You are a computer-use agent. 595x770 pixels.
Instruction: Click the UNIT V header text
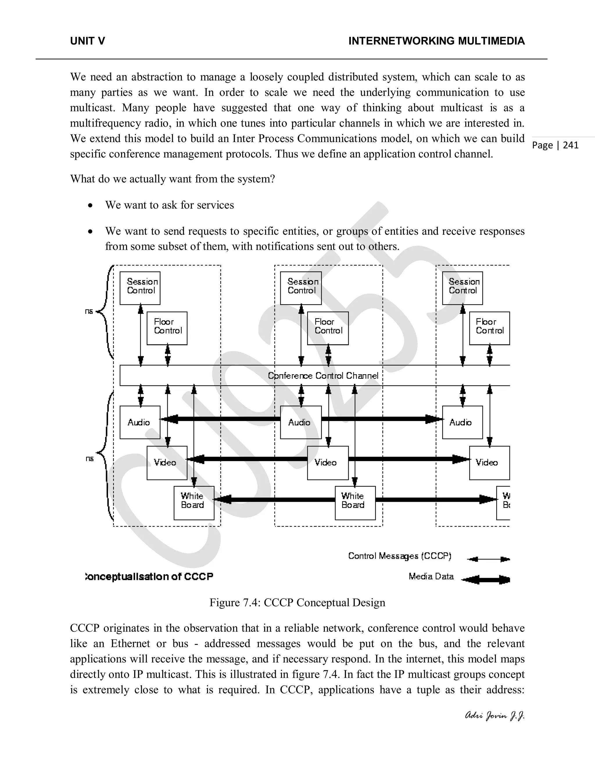tap(87, 41)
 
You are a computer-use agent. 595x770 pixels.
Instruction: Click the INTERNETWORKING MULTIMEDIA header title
tap(436, 41)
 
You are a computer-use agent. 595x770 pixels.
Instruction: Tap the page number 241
tap(571, 145)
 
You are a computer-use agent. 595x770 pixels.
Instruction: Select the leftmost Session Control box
tap(140, 288)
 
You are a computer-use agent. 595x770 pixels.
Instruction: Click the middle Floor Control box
tap(328, 328)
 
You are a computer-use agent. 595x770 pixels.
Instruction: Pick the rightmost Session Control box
tap(463, 288)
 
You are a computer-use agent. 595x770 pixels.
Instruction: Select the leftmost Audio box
tap(140, 422)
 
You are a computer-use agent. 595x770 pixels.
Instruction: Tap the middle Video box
tap(328, 463)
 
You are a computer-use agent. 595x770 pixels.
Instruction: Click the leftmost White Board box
tap(194, 503)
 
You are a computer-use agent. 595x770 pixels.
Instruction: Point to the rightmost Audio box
tap(463, 422)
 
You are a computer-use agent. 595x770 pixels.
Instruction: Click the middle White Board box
tap(355, 503)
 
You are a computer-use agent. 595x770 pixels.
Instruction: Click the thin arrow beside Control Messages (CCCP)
tap(488, 559)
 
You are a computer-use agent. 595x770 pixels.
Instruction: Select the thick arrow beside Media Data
tap(486, 580)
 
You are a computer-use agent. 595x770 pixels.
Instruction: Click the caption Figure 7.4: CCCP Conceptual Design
tap(297, 603)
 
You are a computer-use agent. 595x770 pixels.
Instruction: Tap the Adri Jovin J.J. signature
tap(495, 716)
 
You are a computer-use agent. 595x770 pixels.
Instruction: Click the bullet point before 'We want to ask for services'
tap(91, 205)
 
